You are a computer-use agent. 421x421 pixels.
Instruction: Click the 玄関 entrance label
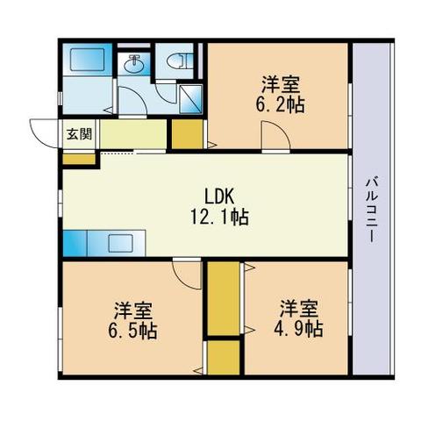[80, 134]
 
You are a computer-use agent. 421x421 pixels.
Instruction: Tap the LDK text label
[219, 196]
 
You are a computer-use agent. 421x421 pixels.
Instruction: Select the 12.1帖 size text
[219, 217]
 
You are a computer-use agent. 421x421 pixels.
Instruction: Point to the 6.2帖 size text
[280, 104]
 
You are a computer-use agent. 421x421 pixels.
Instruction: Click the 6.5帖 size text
[132, 331]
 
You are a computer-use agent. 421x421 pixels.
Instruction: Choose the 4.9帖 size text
[298, 329]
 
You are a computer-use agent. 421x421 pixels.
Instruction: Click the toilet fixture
[178, 61]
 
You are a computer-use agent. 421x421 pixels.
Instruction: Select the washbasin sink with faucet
[133, 64]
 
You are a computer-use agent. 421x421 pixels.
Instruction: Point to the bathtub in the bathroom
[88, 60]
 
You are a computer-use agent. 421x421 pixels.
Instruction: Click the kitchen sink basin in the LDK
[121, 243]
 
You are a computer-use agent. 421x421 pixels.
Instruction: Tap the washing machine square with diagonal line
[190, 99]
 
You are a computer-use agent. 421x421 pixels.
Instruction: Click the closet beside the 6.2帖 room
[187, 134]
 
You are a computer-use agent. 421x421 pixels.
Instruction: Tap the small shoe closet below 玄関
[79, 159]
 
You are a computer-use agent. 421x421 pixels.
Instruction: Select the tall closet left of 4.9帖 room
[224, 298]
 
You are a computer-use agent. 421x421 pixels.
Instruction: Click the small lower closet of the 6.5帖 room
[224, 357]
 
